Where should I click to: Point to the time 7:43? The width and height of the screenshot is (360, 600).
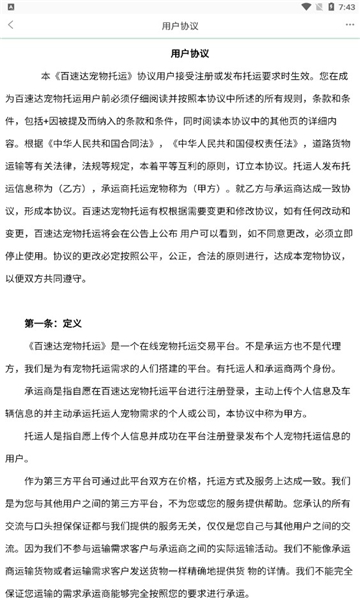pos(342,7)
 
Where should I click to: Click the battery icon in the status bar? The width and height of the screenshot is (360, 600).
pos(323,7)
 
